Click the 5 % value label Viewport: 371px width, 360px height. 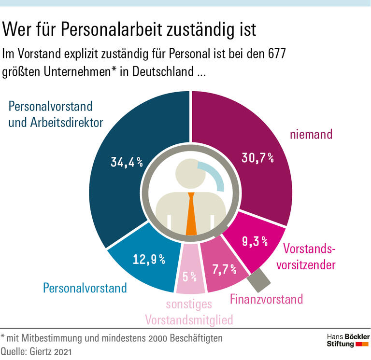point(189,277)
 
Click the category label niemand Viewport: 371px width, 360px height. point(311,134)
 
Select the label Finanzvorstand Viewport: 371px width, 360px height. point(266,299)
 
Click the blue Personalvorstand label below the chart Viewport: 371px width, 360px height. point(85,289)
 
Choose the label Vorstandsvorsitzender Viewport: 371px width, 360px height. point(309,257)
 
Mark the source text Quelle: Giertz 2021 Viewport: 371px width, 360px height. point(36,351)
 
